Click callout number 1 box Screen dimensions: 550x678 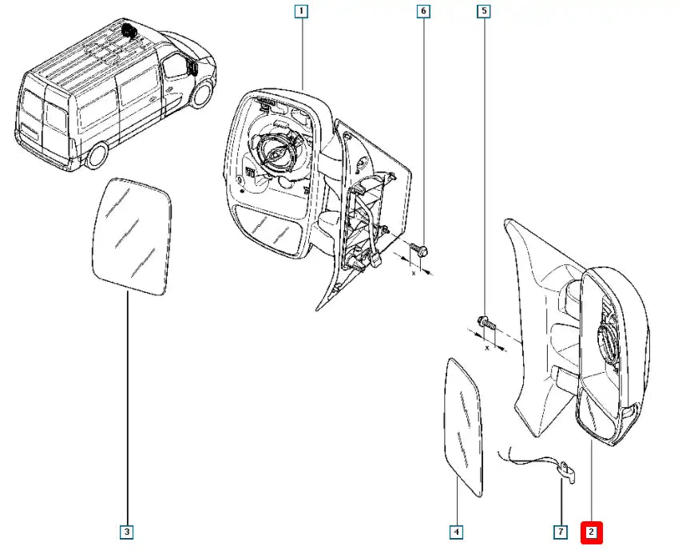pos(301,11)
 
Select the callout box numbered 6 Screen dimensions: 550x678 pos(423,11)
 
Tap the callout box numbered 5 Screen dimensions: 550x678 pos(484,11)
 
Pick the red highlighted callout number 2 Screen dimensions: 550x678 pos(591,531)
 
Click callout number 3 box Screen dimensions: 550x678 pos(127,531)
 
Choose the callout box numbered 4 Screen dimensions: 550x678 pos(456,531)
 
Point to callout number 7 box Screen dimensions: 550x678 pos(561,531)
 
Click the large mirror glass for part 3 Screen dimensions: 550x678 pos(133,236)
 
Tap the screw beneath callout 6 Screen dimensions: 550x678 pos(422,251)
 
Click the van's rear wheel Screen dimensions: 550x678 pos(98,154)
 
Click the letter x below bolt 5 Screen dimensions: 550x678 pos(486,349)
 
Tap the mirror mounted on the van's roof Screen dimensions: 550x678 pos(129,31)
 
